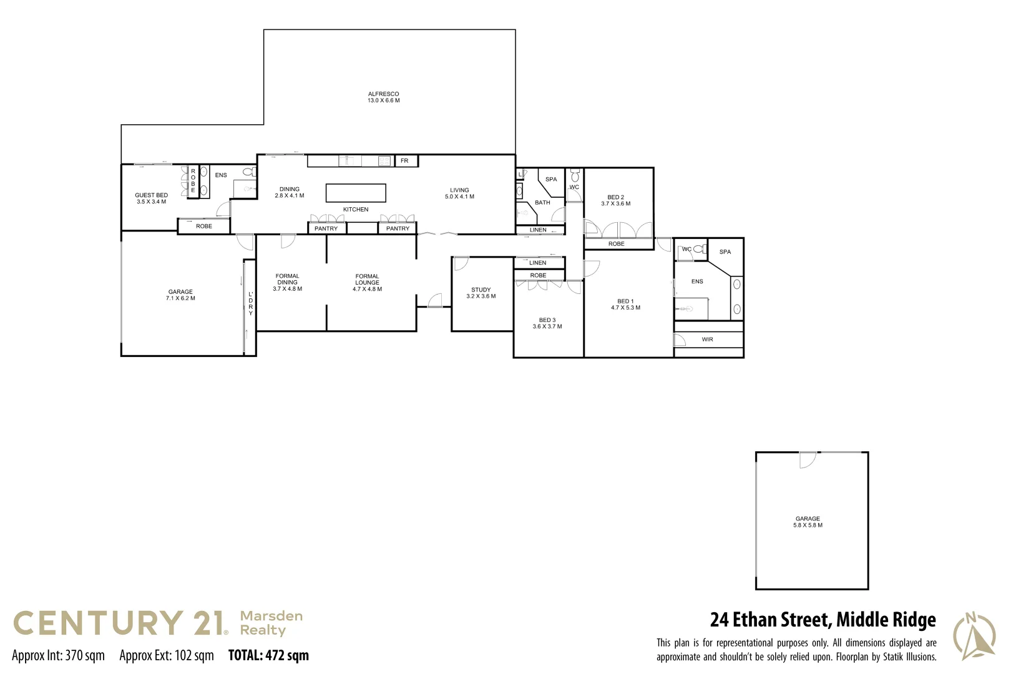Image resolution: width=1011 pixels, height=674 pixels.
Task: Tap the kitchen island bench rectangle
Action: [356, 193]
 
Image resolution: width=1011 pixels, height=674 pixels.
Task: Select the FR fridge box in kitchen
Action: [405, 161]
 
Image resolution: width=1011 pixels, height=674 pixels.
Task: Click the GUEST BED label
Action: [151, 195]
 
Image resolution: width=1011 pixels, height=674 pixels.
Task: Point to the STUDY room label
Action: [481, 290]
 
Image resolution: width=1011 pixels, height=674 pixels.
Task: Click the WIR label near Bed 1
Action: [707, 339]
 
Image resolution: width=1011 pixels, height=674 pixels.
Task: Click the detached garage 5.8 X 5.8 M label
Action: [808, 525]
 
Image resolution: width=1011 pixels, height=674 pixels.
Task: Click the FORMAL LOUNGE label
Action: [367, 280]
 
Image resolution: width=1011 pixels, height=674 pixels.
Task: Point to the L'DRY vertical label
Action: [251, 303]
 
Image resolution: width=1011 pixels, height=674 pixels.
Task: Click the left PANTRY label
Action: [326, 228]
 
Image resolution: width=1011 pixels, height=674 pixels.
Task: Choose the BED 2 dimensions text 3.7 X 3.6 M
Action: [615, 204]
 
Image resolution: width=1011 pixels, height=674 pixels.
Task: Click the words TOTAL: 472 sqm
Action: [268, 655]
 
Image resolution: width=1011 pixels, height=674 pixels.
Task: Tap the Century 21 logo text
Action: [119, 623]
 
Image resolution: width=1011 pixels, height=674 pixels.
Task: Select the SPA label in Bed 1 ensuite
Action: [725, 252]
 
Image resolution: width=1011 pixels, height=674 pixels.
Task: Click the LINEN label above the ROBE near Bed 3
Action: [537, 263]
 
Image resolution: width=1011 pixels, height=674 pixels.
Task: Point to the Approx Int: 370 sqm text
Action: [58, 655]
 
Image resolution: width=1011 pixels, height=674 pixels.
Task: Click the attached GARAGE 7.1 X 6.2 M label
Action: [180, 295]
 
